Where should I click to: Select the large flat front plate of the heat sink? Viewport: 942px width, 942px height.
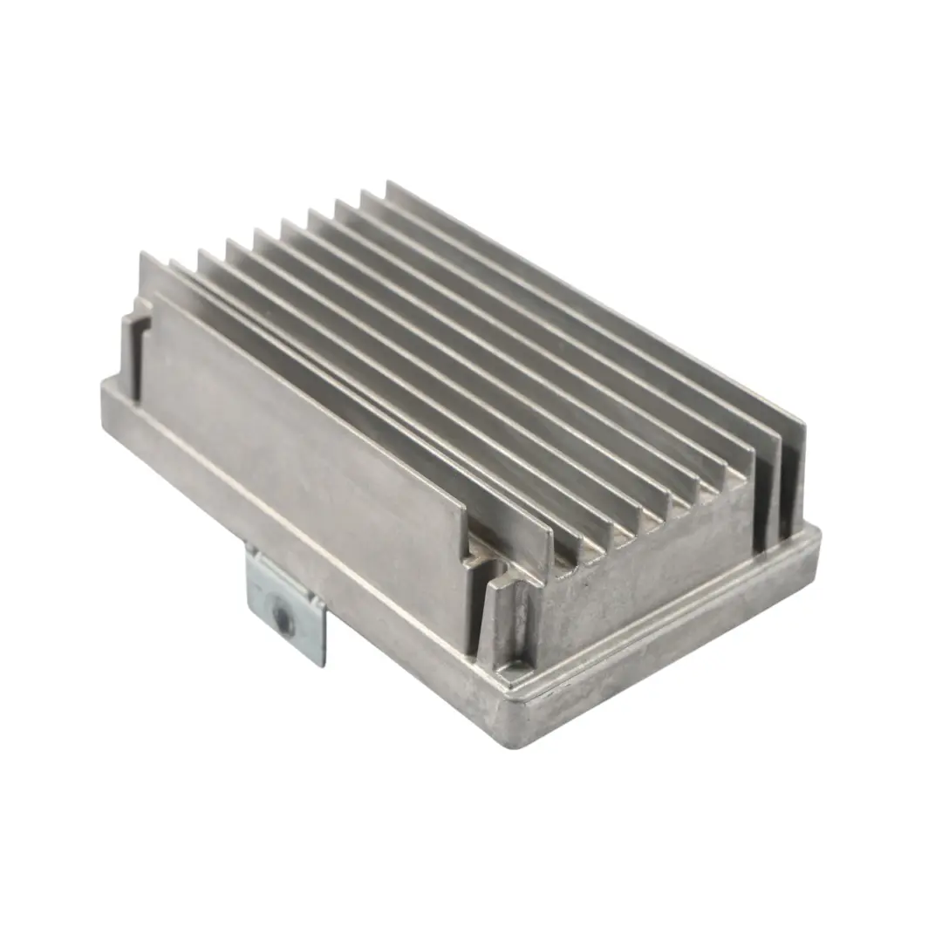(305, 436)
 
